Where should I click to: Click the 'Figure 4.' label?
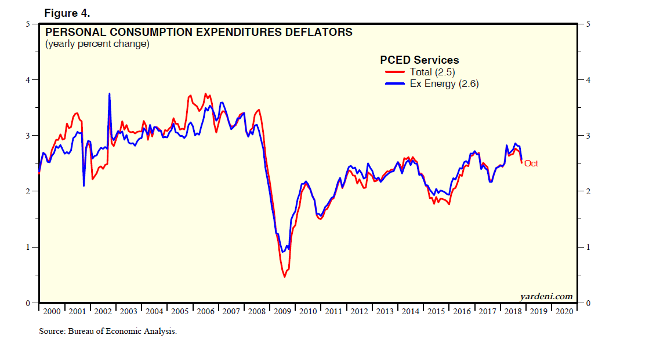[x=66, y=13]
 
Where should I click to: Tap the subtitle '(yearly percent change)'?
[x=97, y=44]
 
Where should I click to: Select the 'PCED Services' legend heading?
[x=419, y=60]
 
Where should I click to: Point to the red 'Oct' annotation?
[x=531, y=163]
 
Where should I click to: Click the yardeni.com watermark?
[x=546, y=296]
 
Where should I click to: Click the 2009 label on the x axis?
[x=282, y=311]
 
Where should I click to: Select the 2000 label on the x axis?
[x=52, y=311]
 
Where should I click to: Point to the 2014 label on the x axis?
[x=411, y=311]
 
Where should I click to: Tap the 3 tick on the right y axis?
[x=588, y=136]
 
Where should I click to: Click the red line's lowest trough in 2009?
[x=285, y=277]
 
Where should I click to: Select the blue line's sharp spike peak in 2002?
[x=109, y=94]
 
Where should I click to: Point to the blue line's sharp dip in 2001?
[x=84, y=186]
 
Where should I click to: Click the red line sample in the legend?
[x=395, y=72]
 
